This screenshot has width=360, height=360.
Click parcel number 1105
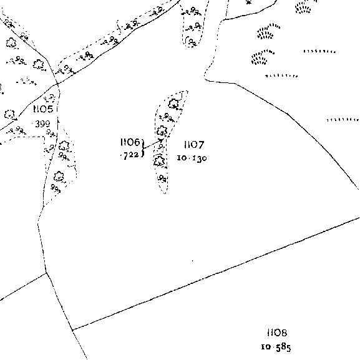click(44, 109)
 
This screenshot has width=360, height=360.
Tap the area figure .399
click(42, 124)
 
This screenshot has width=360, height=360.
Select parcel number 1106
click(130, 142)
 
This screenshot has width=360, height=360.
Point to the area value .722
click(130, 155)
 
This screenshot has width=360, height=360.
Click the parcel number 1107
click(194, 145)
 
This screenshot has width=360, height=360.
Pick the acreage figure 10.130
click(192, 158)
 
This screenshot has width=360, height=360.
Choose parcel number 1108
click(277, 333)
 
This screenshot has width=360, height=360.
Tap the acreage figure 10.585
click(276, 347)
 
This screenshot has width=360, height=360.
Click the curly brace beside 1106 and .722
click(144, 148)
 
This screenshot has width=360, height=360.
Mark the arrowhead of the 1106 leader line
click(161, 140)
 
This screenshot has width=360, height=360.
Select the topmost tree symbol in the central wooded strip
click(173, 104)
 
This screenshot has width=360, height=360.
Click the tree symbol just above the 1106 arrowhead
click(162, 131)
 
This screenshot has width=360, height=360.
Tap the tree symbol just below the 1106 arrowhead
click(159, 160)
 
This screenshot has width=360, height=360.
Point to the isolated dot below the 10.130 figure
click(192, 261)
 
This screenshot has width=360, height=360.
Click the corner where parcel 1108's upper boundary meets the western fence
click(72, 330)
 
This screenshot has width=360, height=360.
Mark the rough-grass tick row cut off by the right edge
click(343, 120)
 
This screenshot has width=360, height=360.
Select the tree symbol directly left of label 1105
click(9, 114)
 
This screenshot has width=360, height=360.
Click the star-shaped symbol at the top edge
click(248, 2)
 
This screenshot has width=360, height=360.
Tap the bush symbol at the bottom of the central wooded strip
click(163, 178)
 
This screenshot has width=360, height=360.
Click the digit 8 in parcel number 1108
click(283, 333)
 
